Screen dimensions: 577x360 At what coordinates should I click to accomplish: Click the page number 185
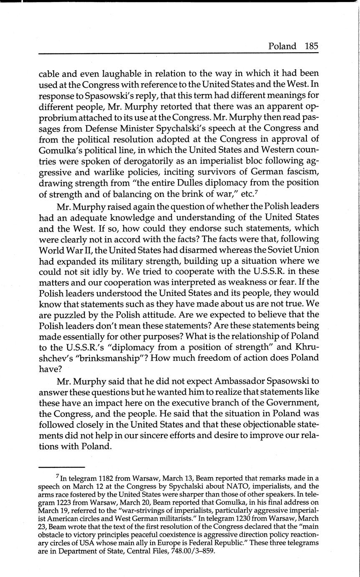pyautogui.click(x=311, y=46)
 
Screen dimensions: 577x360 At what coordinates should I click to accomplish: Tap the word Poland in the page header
pyautogui.click(x=282, y=46)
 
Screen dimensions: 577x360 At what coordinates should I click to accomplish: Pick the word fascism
pyautogui.click(x=299, y=171)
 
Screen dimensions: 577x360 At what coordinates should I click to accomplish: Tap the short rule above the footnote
pyautogui.click(x=61, y=467)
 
